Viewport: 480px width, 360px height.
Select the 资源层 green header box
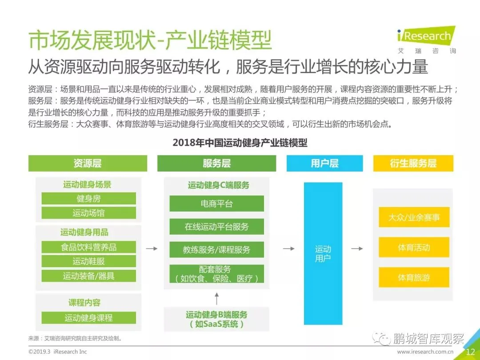[x=88, y=163]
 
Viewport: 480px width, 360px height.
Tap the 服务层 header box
[x=216, y=163]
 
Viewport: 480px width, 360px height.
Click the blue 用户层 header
[x=324, y=163]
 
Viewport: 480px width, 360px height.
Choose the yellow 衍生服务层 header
[x=413, y=163]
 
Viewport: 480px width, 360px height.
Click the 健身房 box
[x=88, y=199]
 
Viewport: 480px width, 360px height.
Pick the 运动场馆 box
[x=88, y=213]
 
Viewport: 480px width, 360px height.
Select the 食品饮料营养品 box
[x=88, y=247]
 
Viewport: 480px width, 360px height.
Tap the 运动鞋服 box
[x=88, y=261]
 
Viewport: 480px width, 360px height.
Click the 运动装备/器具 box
[x=88, y=276]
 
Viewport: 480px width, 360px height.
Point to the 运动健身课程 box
[x=88, y=318]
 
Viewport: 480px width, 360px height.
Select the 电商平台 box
[x=216, y=204]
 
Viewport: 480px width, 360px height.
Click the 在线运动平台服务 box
[x=216, y=227]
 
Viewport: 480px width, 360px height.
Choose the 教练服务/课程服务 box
[x=216, y=250]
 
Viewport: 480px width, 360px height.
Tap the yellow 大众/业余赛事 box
[x=414, y=218]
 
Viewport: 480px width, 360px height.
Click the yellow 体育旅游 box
[x=414, y=277]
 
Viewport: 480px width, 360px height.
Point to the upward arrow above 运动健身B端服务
[x=216, y=297]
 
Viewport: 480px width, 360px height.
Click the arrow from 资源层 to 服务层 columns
[x=152, y=248]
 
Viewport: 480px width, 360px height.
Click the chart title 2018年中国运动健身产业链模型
[x=240, y=143]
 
